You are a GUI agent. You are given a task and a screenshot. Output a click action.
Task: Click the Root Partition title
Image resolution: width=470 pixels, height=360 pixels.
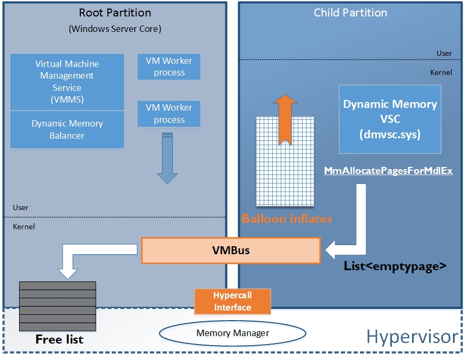click(115, 13)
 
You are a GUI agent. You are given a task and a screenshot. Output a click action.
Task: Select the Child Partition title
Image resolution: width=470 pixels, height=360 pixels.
click(350, 13)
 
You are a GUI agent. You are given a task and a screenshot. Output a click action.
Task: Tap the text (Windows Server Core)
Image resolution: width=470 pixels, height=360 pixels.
click(115, 29)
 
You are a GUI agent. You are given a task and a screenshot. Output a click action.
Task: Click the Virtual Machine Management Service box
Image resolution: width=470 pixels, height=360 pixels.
click(68, 81)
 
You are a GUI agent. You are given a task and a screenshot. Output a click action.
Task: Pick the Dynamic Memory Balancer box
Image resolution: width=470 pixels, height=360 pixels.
click(68, 129)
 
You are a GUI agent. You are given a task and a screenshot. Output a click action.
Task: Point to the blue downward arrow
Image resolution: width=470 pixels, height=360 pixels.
click(167, 160)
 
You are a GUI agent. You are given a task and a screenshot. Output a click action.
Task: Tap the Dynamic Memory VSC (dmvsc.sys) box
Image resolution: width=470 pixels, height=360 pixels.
click(390, 119)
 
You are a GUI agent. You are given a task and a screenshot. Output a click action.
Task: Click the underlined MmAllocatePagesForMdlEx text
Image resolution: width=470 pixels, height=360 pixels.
click(389, 171)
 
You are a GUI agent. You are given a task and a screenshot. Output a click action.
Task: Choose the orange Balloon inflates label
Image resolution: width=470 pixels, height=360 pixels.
click(287, 219)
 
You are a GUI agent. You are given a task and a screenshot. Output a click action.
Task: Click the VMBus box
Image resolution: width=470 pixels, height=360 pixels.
click(231, 250)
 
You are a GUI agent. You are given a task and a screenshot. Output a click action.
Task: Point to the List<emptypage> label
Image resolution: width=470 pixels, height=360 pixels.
click(395, 266)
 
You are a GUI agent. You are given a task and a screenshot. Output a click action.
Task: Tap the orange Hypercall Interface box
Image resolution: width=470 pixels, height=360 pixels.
click(232, 301)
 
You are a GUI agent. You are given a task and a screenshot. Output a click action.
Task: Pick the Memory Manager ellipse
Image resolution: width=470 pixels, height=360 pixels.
click(233, 333)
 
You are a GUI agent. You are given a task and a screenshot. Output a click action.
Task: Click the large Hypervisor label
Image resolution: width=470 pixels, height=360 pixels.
click(412, 337)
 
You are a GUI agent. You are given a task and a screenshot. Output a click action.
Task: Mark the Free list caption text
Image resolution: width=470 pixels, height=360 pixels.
click(59, 339)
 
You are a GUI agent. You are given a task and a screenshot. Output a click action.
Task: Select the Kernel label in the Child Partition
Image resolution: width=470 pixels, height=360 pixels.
click(441, 72)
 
